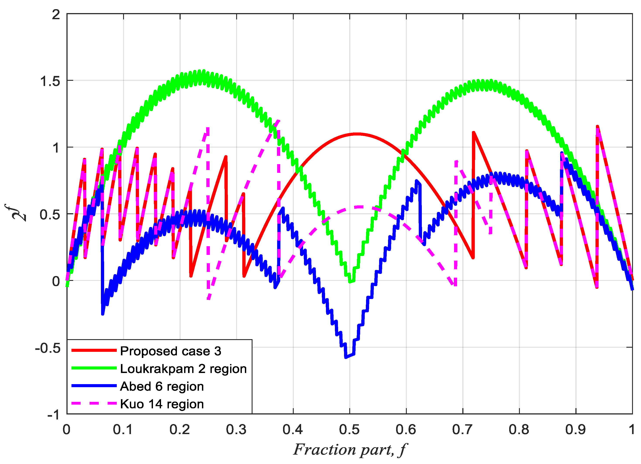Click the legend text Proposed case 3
click(170, 351)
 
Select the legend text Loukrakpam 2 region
click(183, 369)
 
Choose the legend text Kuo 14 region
click(162, 404)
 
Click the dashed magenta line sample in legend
click(94, 403)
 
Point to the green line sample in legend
click(94, 368)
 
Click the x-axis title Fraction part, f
click(350, 450)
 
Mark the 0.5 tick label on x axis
click(349, 430)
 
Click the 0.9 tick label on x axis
click(575, 430)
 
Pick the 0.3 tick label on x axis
click(236, 430)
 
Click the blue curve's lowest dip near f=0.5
click(346, 357)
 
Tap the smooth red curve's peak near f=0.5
click(357, 134)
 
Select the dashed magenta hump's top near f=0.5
click(359, 207)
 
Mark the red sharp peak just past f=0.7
click(473, 132)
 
